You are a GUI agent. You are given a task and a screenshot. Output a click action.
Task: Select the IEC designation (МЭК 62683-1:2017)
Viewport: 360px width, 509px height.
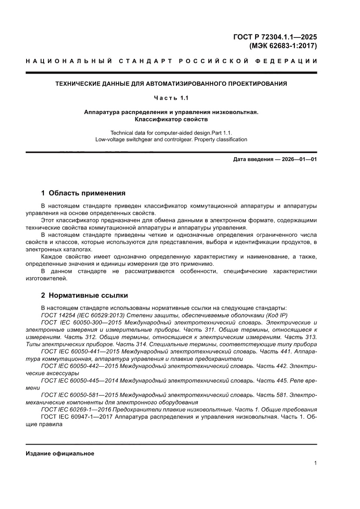283,45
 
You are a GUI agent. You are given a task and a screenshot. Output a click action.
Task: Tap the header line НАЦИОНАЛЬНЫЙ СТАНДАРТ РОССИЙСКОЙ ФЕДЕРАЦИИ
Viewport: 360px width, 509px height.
171,61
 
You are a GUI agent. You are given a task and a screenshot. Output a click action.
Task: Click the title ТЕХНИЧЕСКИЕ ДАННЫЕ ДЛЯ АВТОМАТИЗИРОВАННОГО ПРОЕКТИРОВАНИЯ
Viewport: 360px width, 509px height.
171,83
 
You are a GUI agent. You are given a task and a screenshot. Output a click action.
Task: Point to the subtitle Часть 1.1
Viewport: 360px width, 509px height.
171,98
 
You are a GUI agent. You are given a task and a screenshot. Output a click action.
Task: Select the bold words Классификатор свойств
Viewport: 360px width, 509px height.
171,119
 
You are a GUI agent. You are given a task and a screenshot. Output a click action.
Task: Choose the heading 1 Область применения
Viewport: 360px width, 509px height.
83,193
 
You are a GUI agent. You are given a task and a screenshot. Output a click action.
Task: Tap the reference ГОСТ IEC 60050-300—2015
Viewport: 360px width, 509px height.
81,323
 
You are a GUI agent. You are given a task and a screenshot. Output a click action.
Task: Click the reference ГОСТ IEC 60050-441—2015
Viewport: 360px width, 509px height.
81,351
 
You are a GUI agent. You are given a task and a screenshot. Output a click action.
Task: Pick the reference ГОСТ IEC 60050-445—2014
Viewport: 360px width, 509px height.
81,381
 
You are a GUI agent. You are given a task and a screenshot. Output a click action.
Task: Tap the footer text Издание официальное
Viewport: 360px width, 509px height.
60,453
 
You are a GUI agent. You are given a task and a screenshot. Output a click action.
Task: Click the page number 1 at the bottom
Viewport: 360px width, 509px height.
315,463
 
